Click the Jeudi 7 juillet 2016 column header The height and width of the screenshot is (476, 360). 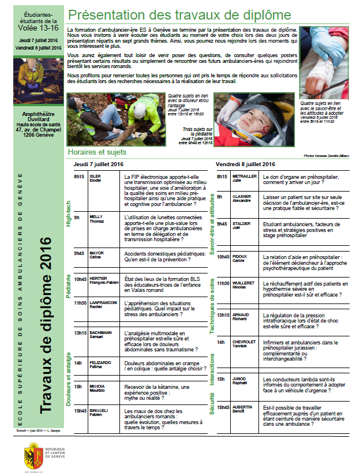99,164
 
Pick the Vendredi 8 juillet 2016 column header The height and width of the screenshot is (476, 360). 245,164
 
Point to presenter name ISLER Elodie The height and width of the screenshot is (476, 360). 95,178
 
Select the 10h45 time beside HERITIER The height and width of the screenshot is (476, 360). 80,279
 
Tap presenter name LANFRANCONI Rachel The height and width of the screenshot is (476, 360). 103,305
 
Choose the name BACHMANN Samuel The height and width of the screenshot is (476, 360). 100,335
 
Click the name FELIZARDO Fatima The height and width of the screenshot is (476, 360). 100,365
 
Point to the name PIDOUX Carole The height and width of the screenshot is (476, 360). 239,258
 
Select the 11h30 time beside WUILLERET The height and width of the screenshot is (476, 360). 223,283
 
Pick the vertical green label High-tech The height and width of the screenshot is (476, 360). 69,213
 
